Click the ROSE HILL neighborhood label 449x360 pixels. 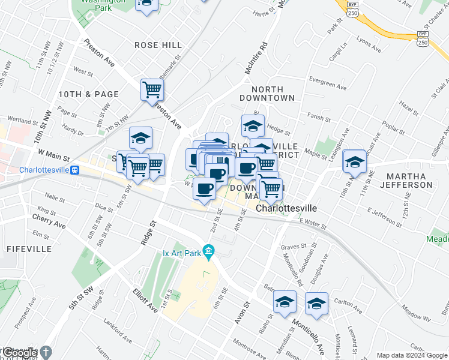pyautogui.click(x=158, y=45)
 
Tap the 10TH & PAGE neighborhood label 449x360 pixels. pyautogui.click(x=88, y=94)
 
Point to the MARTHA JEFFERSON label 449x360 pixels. pyautogui.click(x=410, y=181)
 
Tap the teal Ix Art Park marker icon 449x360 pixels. pyautogui.click(x=209, y=250)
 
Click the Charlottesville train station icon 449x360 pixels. pyautogui.click(x=76, y=170)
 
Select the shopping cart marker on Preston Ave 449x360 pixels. pyautogui.click(x=152, y=90)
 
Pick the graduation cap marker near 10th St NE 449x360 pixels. pyautogui.click(x=355, y=162)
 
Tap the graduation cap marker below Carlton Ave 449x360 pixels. pyautogui.click(x=316, y=304)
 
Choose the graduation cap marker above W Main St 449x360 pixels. pyautogui.click(x=140, y=138)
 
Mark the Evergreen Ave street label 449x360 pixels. pyautogui.click(x=328, y=83)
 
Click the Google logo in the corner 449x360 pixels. pyautogui.click(x=19, y=353)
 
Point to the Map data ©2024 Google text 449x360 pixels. pyautogui.click(x=412, y=355)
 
